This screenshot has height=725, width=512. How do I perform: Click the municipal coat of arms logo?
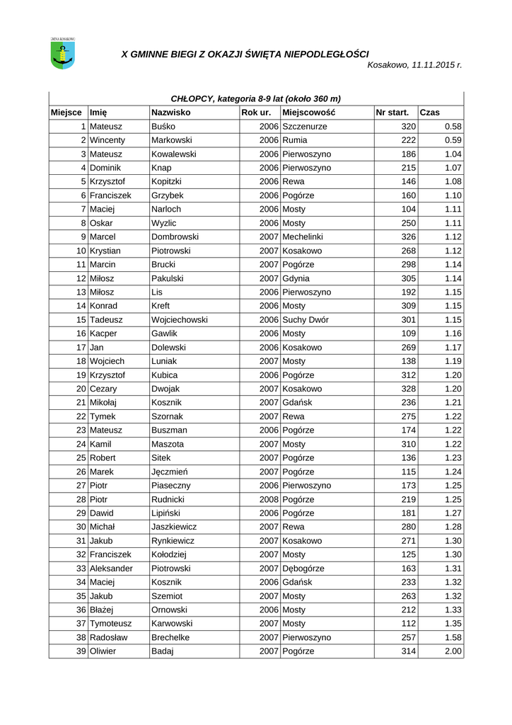click(63, 54)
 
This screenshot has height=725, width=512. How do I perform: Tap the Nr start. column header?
click(392, 113)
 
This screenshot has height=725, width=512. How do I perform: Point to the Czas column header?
click(429, 113)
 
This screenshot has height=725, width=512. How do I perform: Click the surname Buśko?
click(163, 127)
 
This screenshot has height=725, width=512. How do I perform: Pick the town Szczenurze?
click(304, 127)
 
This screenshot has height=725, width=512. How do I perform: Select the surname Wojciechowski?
click(180, 320)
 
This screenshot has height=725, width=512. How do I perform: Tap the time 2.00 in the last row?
click(453, 651)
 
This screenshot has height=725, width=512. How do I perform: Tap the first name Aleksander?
click(111, 569)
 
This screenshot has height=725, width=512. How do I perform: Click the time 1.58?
click(453, 637)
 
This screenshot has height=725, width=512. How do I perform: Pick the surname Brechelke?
click(170, 637)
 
